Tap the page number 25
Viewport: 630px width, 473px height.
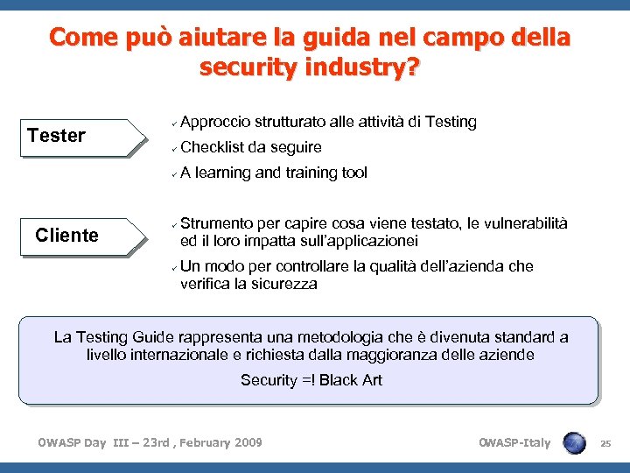[605, 443]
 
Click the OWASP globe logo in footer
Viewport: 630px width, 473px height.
[575, 442]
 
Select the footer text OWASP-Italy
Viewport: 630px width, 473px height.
[514, 442]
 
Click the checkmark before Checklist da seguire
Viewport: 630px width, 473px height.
[174, 148]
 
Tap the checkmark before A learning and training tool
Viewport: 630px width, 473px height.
[174, 173]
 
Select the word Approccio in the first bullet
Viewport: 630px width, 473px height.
[215, 122]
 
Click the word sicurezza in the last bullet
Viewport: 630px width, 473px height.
[285, 284]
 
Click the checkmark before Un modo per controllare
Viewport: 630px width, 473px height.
[174, 267]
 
